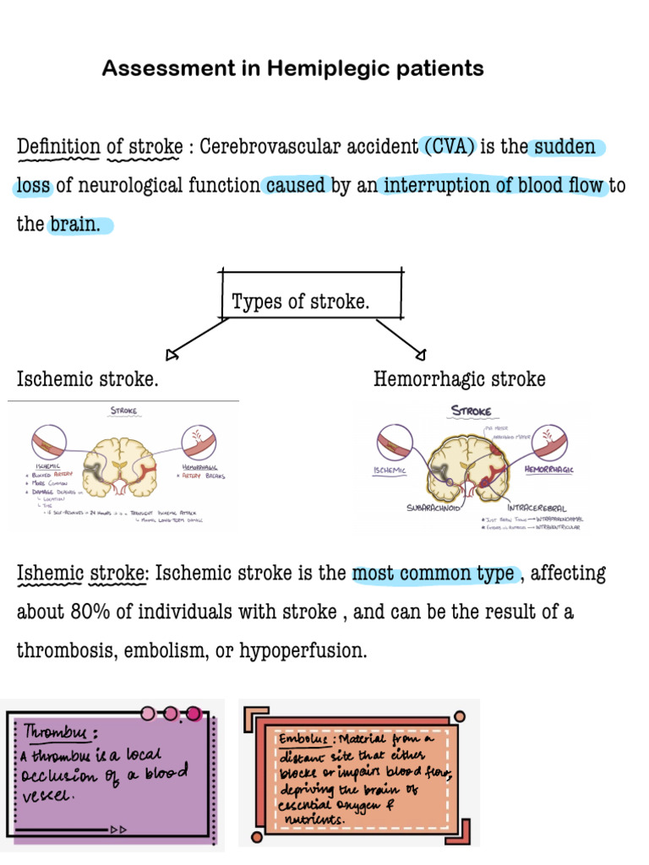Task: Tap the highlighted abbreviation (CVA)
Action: [448, 147]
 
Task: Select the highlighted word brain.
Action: [79, 225]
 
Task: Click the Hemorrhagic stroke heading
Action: [459, 379]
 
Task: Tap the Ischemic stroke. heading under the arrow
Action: [88, 379]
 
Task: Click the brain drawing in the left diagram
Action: [123, 464]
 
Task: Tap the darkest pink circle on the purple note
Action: [193, 715]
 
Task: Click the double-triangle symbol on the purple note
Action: [118, 830]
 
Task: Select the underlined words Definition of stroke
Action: [100, 147]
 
